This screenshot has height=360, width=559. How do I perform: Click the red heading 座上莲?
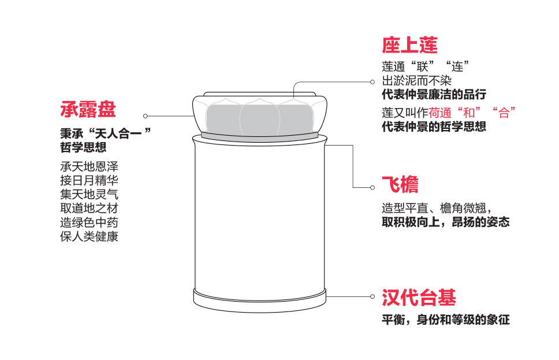pyautogui.click(x=409, y=45)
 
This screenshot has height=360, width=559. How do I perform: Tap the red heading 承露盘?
pyautogui.click(x=88, y=109)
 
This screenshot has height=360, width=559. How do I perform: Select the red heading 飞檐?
pyautogui.click(x=400, y=184)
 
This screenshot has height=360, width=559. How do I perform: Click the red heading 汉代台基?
pyautogui.click(x=419, y=298)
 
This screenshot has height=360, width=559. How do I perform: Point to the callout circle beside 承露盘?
pyautogui.click(x=146, y=116)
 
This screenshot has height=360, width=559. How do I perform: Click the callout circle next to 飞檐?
pyautogui.click(x=371, y=187)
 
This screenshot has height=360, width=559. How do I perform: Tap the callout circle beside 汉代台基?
pyautogui.click(x=372, y=296)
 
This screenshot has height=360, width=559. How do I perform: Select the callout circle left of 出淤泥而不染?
pyautogui.click(x=371, y=81)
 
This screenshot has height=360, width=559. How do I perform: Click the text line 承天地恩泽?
pyautogui.click(x=89, y=166)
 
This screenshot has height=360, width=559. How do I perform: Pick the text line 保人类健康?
pyautogui.click(x=89, y=236)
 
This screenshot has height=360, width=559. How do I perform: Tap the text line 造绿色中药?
pyautogui.click(x=89, y=222)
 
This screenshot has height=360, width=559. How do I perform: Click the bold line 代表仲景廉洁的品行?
pyautogui.click(x=434, y=94)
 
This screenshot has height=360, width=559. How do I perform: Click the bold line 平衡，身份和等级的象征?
pyautogui.click(x=445, y=320)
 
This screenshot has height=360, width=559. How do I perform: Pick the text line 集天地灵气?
pyautogui.click(x=89, y=194)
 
